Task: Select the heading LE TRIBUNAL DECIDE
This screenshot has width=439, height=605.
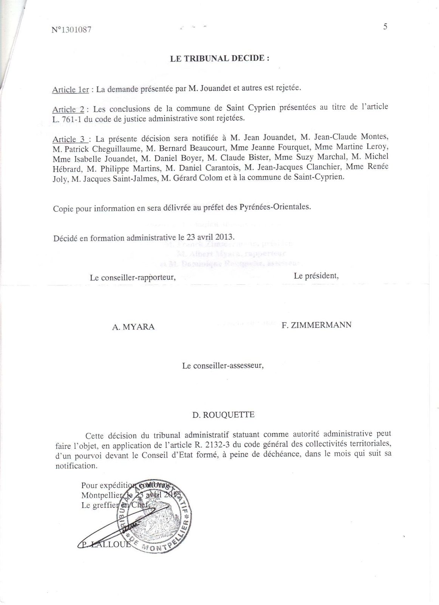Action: (220, 59)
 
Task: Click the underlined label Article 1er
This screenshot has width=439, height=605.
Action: (71, 90)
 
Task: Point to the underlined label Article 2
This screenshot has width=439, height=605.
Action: (68, 109)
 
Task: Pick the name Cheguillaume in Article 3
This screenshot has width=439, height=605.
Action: (110, 149)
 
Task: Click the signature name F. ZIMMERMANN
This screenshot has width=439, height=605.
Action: (316, 324)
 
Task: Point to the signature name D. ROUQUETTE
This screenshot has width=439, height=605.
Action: (223, 415)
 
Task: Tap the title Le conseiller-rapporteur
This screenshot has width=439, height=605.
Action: (133, 277)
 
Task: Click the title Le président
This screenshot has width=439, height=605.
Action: (316, 276)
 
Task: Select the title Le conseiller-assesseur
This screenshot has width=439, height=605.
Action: (223, 366)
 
